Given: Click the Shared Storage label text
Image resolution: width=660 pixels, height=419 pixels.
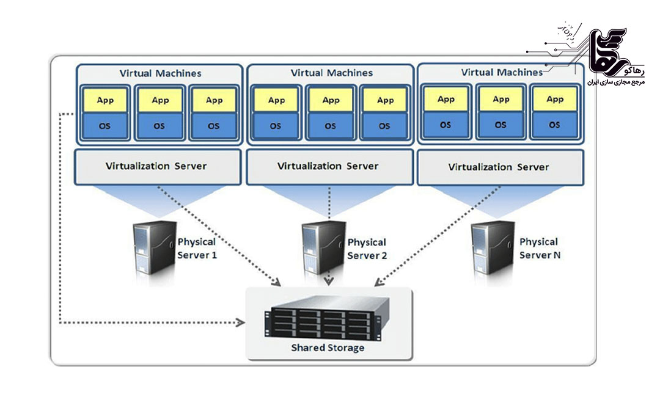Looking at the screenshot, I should pyautogui.click(x=328, y=348).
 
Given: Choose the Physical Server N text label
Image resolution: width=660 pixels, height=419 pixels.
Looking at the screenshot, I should pyautogui.click(x=539, y=249).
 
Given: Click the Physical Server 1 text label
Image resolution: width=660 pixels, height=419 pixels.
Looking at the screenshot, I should pyautogui.click(x=197, y=249).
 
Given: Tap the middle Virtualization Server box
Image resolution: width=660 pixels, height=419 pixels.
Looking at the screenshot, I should pyautogui.click(x=328, y=166).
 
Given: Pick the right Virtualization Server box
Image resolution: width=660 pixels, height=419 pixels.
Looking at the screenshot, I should pyautogui.click(x=499, y=167).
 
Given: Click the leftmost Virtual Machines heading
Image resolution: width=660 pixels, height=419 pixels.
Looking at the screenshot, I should pyautogui.click(x=160, y=73).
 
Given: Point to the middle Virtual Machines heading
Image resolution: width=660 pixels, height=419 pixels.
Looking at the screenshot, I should pyautogui.click(x=332, y=73).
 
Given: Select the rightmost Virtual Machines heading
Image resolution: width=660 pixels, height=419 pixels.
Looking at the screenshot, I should pyautogui.click(x=502, y=72).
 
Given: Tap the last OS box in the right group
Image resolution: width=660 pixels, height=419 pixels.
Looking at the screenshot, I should pyautogui.click(x=555, y=125).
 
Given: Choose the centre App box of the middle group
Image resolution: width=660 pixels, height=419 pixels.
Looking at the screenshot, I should pyautogui.click(x=331, y=100).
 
